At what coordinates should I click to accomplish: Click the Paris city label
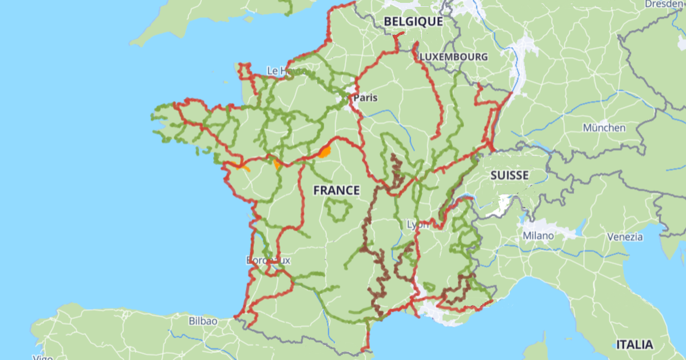(366, 98)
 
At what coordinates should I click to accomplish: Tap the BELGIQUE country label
(413, 21)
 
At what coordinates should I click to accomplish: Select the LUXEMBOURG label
(454, 57)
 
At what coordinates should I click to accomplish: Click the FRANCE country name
(337, 190)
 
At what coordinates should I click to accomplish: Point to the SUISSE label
(509, 175)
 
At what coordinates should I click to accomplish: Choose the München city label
(604, 127)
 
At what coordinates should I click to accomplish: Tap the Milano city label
(538, 235)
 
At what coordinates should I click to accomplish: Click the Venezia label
(625, 237)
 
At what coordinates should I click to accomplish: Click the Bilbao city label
(203, 321)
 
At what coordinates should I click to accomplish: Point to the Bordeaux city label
(269, 260)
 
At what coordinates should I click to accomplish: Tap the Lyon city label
(417, 224)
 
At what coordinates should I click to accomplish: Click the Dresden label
(664, 4)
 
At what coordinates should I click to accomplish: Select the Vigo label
(43, 357)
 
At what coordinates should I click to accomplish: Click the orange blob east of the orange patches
(325, 152)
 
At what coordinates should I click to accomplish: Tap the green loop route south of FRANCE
(338, 210)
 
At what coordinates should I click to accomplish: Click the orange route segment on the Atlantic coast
(242, 167)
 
